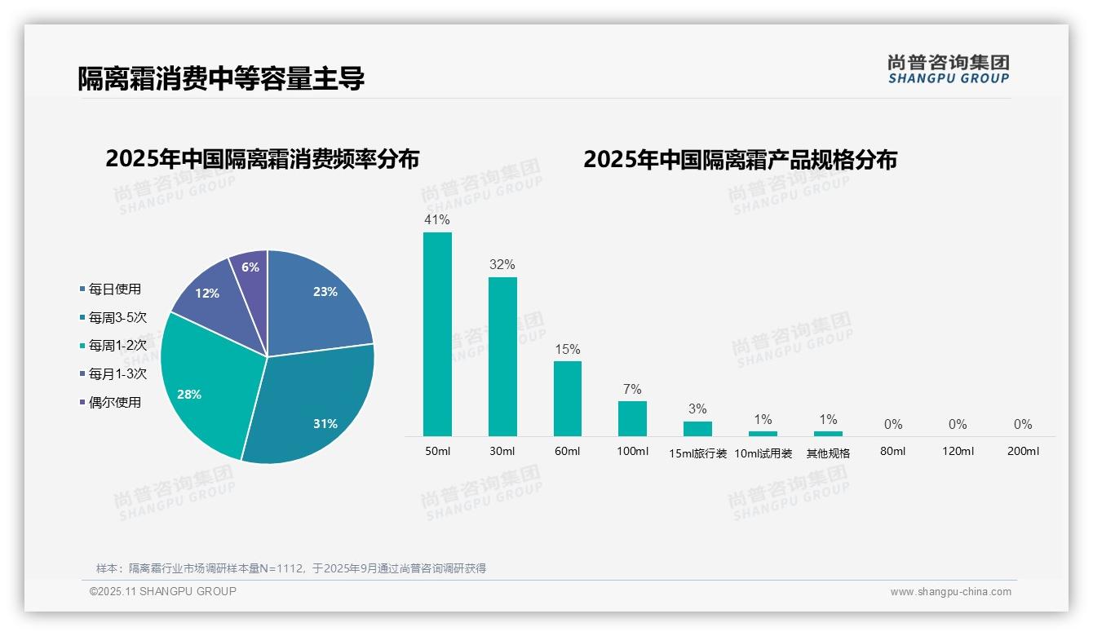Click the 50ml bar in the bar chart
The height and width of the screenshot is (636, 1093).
437,334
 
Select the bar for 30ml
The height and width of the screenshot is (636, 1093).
502,356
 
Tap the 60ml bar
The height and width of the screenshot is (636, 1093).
568,399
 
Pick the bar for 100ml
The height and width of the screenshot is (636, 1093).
632,418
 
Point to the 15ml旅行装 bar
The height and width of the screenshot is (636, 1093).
697,429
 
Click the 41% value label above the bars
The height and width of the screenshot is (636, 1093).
437,219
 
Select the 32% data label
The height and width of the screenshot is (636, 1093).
502,264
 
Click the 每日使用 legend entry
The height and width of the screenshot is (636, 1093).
114,289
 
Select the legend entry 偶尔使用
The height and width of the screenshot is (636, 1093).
114,402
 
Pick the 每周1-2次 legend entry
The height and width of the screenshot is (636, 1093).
117,346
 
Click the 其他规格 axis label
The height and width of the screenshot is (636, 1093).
828,453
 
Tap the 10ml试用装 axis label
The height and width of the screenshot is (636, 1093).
763,453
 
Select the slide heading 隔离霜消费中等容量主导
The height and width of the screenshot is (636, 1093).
220,78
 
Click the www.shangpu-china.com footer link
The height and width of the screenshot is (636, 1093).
950,592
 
